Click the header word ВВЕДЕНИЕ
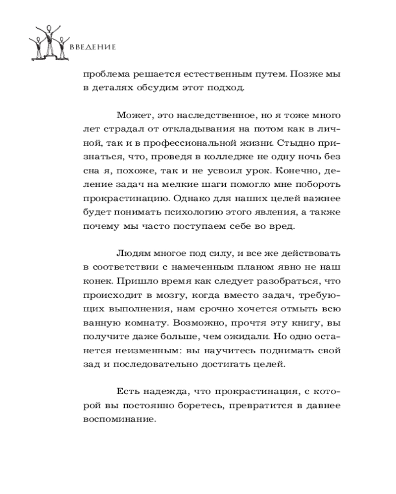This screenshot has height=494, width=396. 93,47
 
